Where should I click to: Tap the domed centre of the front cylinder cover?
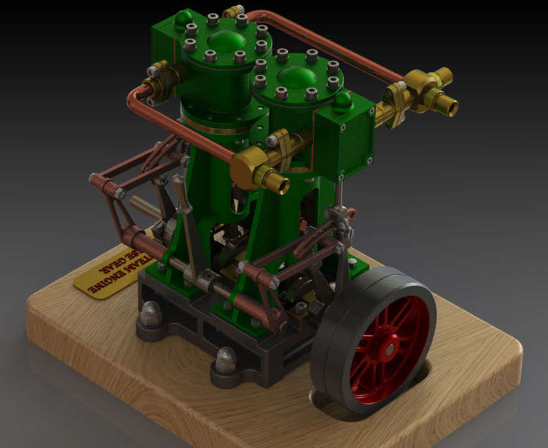296,78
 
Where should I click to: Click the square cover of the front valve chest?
345,144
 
